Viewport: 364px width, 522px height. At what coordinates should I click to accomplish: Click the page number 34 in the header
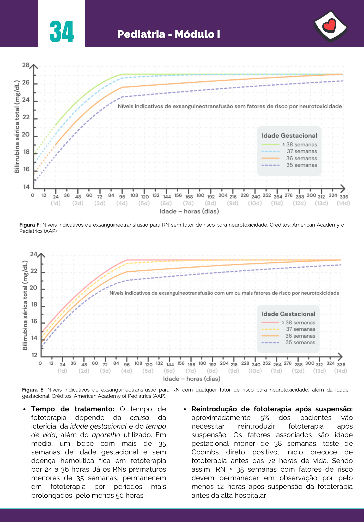point(62,32)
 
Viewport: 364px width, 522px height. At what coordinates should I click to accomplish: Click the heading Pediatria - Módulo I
point(169,34)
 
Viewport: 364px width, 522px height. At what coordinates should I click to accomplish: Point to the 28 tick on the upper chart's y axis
point(26,65)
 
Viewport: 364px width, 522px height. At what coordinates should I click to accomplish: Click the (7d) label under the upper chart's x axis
point(188,203)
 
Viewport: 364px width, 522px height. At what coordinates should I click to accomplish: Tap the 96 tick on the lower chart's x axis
point(127,365)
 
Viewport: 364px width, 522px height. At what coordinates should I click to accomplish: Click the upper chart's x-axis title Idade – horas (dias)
point(189,211)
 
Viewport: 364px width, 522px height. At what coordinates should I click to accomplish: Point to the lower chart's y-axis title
point(25,305)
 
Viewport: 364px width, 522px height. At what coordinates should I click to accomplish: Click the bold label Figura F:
point(30,225)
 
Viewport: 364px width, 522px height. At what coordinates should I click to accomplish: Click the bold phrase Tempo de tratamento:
point(73,409)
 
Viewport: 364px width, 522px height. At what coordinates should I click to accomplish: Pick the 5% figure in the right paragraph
point(264,418)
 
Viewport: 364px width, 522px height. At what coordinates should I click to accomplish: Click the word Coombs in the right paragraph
point(204,452)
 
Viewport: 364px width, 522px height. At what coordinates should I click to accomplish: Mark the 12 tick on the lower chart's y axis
point(34,355)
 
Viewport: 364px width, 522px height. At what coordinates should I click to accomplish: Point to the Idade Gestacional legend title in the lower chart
point(288,314)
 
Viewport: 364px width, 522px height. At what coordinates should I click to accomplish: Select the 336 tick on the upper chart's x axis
point(344,197)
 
